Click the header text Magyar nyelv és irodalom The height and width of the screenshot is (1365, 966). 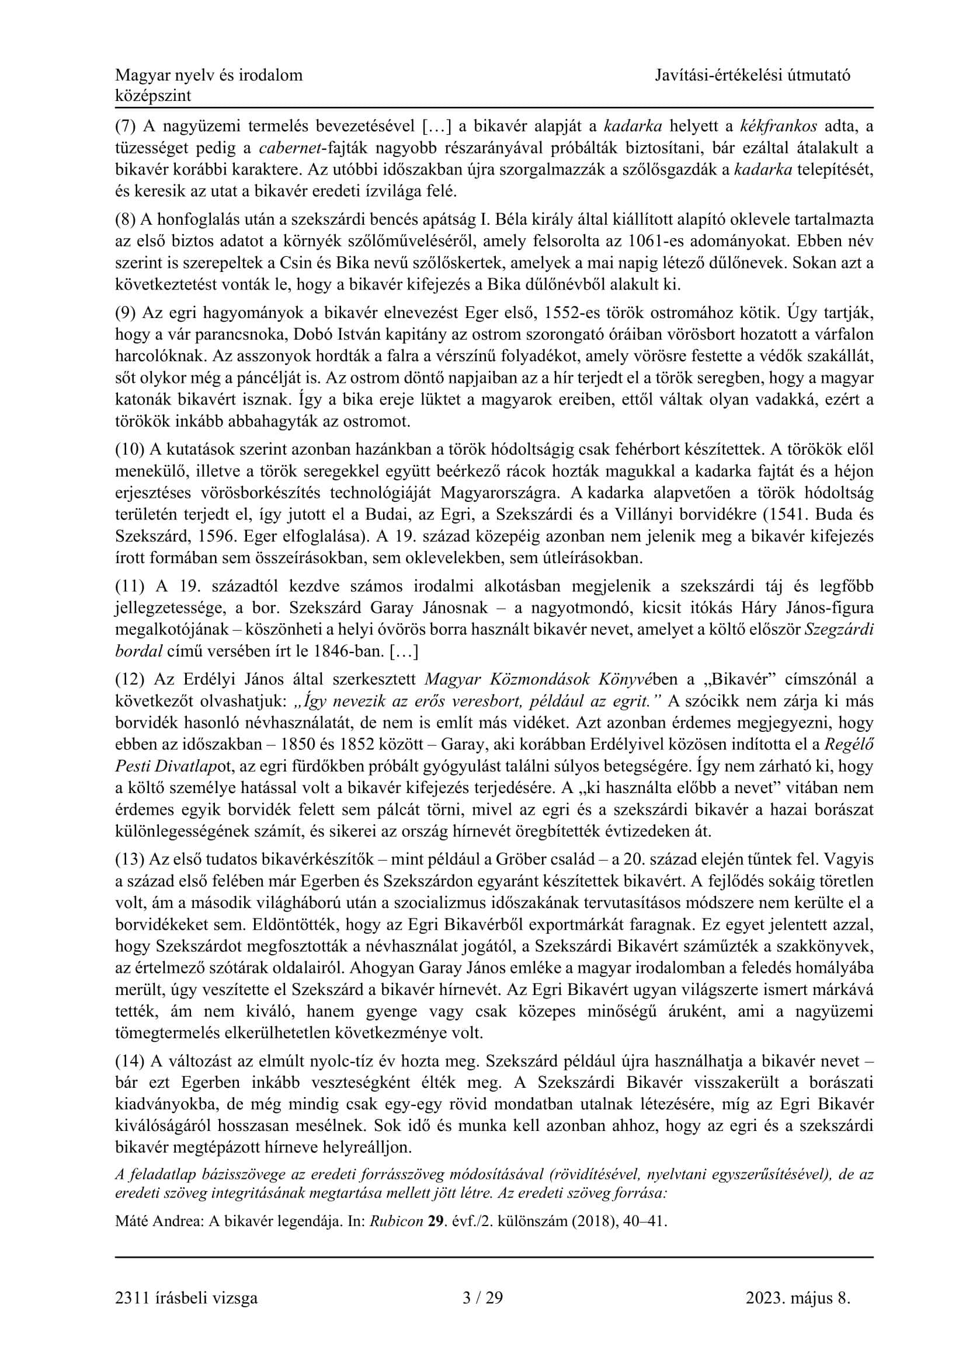click(x=209, y=75)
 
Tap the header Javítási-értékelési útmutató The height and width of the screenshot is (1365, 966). click(x=752, y=75)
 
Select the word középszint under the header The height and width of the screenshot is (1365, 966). click(x=154, y=96)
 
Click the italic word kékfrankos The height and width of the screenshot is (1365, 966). click(x=779, y=126)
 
